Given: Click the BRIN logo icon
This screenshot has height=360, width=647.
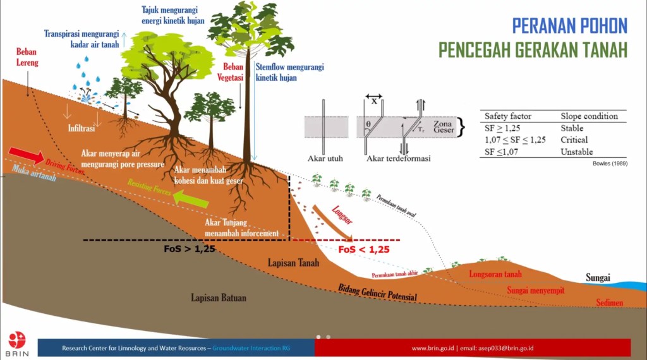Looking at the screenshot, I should pos(17,340).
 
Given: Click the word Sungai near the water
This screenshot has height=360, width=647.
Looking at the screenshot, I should pos(597,277).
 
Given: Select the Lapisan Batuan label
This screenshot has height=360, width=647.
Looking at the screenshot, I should pos(219,297).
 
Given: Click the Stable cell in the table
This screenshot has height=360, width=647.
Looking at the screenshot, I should pos(572,128).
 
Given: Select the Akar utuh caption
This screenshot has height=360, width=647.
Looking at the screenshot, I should pos(325,159).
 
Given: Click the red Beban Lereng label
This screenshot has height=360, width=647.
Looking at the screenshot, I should pos(27,57).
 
